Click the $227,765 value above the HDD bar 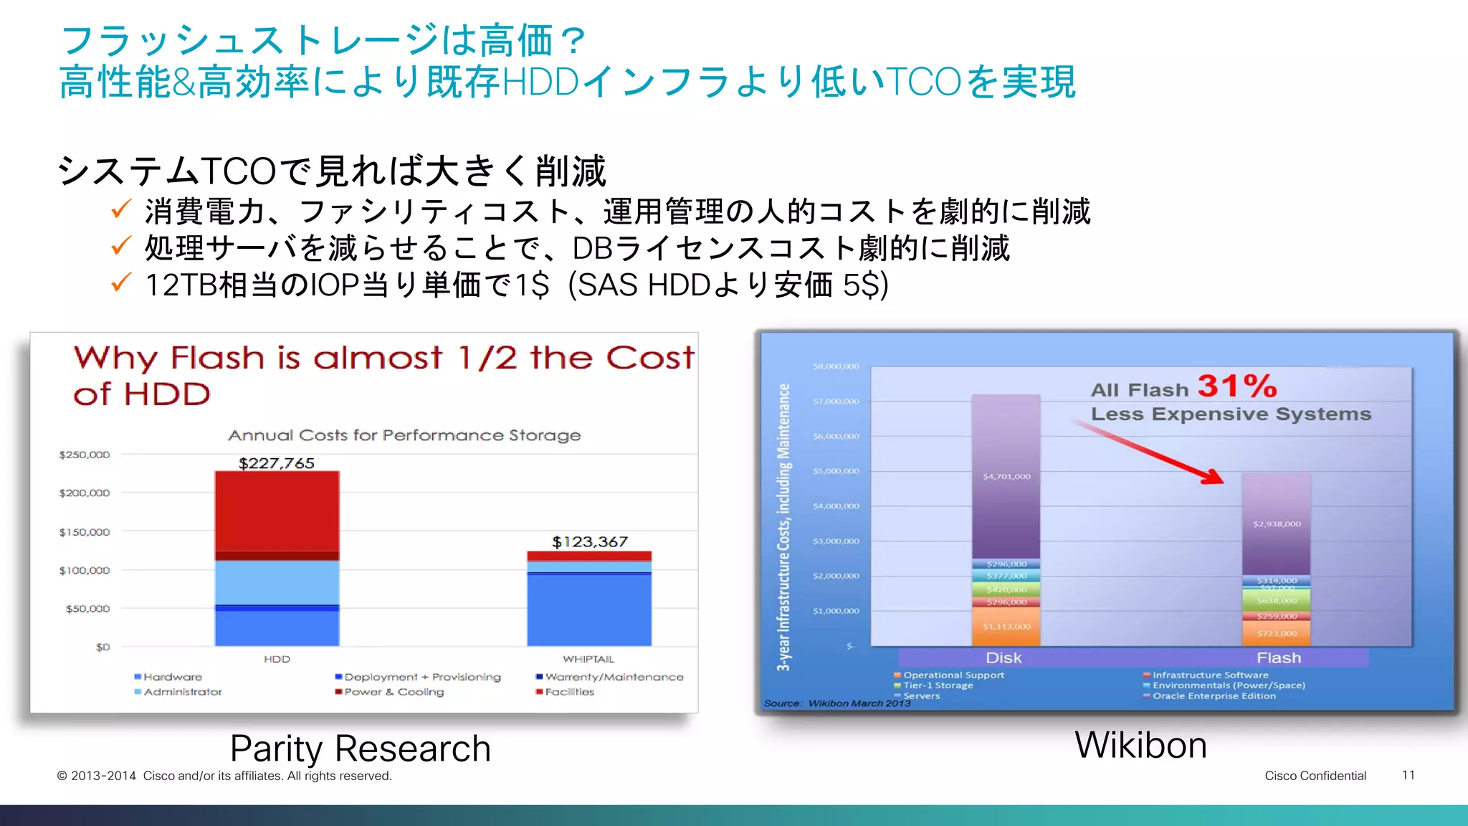(x=276, y=463)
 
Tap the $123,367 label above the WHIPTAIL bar (x=589, y=541)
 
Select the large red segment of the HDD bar (x=277, y=511)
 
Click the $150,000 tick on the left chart (x=85, y=532)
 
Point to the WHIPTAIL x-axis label (x=588, y=659)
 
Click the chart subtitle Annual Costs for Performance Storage (x=404, y=435)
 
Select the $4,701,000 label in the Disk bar (x=1006, y=476)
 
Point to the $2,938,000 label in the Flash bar (x=1277, y=524)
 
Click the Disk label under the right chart (x=1004, y=658)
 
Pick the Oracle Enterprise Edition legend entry (x=1214, y=696)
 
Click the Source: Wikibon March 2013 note (x=837, y=703)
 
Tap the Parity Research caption (x=360, y=749)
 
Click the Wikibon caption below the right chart (x=1140, y=745)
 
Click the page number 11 (x=1408, y=775)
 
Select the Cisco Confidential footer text (x=1315, y=776)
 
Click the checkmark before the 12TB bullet (x=120, y=283)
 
